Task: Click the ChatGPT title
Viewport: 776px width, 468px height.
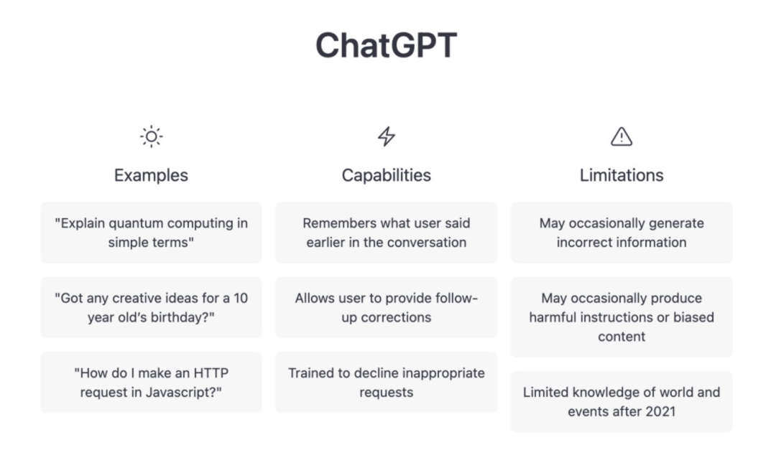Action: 386,45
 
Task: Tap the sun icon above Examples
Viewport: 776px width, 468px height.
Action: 152,136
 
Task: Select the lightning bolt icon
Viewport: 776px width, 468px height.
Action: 387,136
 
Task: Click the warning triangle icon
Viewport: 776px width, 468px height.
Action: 622,136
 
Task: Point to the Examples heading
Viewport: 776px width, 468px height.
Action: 151,175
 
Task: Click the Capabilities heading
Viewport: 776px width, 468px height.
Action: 387,175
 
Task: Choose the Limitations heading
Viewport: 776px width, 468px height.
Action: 622,175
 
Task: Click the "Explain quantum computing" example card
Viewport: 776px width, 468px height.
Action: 151,233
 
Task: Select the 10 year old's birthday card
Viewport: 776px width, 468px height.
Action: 151,307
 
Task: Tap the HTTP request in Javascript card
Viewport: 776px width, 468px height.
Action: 151,382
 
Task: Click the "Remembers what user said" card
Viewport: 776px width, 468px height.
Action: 387,233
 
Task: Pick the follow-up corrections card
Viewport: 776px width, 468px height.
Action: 387,307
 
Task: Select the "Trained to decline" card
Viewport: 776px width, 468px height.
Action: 387,382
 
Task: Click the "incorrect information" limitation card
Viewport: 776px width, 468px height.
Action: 622,233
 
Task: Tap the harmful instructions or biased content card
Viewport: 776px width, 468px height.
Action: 622,317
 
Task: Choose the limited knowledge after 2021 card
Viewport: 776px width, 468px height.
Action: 622,401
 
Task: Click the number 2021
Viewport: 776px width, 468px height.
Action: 660,411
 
